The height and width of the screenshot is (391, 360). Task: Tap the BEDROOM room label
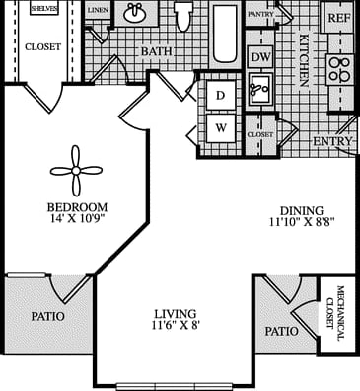pyautogui.click(x=76, y=207)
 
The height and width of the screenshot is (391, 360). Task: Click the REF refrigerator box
pyautogui.click(x=338, y=18)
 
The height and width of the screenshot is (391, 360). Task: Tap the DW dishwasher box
pyautogui.click(x=259, y=57)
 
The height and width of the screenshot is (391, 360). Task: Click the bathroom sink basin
pyautogui.click(x=136, y=14)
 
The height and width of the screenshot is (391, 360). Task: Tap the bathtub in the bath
pyautogui.click(x=225, y=30)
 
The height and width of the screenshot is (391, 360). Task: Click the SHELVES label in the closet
pyautogui.click(x=42, y=8)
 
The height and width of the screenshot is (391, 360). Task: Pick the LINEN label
pyautogui.click(x=97, y=10)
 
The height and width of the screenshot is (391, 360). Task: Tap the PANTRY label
pyautogui.click(x=259, y=15)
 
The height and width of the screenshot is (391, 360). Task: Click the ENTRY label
pyautogui.click(x=331, y=142)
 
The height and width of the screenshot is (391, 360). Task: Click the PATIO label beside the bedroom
pyautogui.click(x=47, y=317)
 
